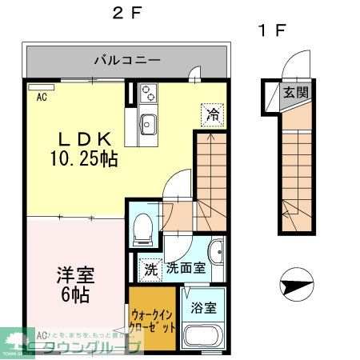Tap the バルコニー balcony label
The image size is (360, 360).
coord(127,59)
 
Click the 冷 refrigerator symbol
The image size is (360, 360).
coord(212,113)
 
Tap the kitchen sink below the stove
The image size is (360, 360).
coord(149,124)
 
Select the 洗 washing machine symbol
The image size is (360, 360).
coord(149,269)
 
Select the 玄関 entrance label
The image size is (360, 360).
coord(294,93)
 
